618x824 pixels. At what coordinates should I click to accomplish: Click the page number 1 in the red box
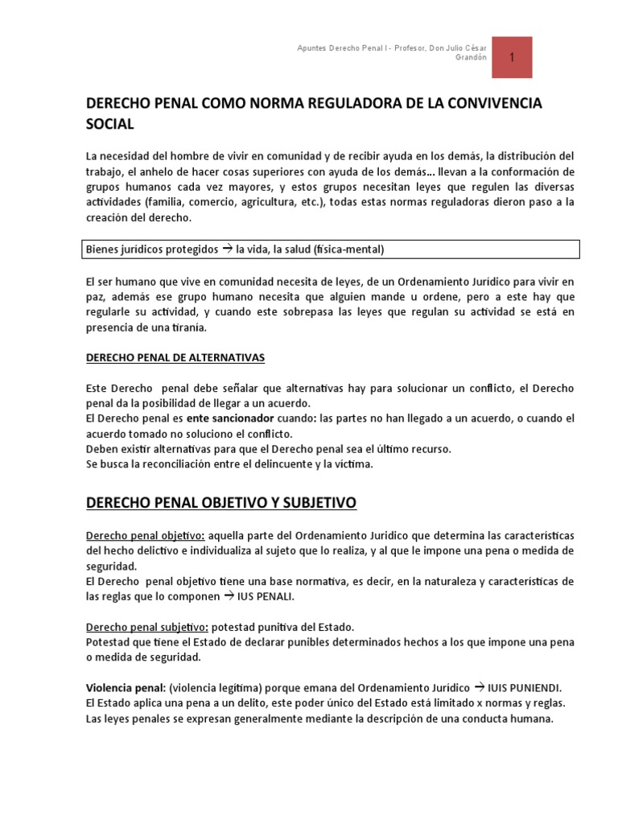512,58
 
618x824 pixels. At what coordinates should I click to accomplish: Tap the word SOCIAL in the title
109,125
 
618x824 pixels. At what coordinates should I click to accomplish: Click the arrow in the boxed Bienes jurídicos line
227,249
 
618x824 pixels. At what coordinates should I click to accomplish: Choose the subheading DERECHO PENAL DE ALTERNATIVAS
175,356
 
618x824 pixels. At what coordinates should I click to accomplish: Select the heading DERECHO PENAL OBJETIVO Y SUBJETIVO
220,504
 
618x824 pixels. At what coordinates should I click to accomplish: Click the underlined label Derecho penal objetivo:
145,536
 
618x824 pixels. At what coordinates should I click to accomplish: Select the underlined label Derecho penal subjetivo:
147,627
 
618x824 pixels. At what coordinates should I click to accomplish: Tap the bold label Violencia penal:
126,688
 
